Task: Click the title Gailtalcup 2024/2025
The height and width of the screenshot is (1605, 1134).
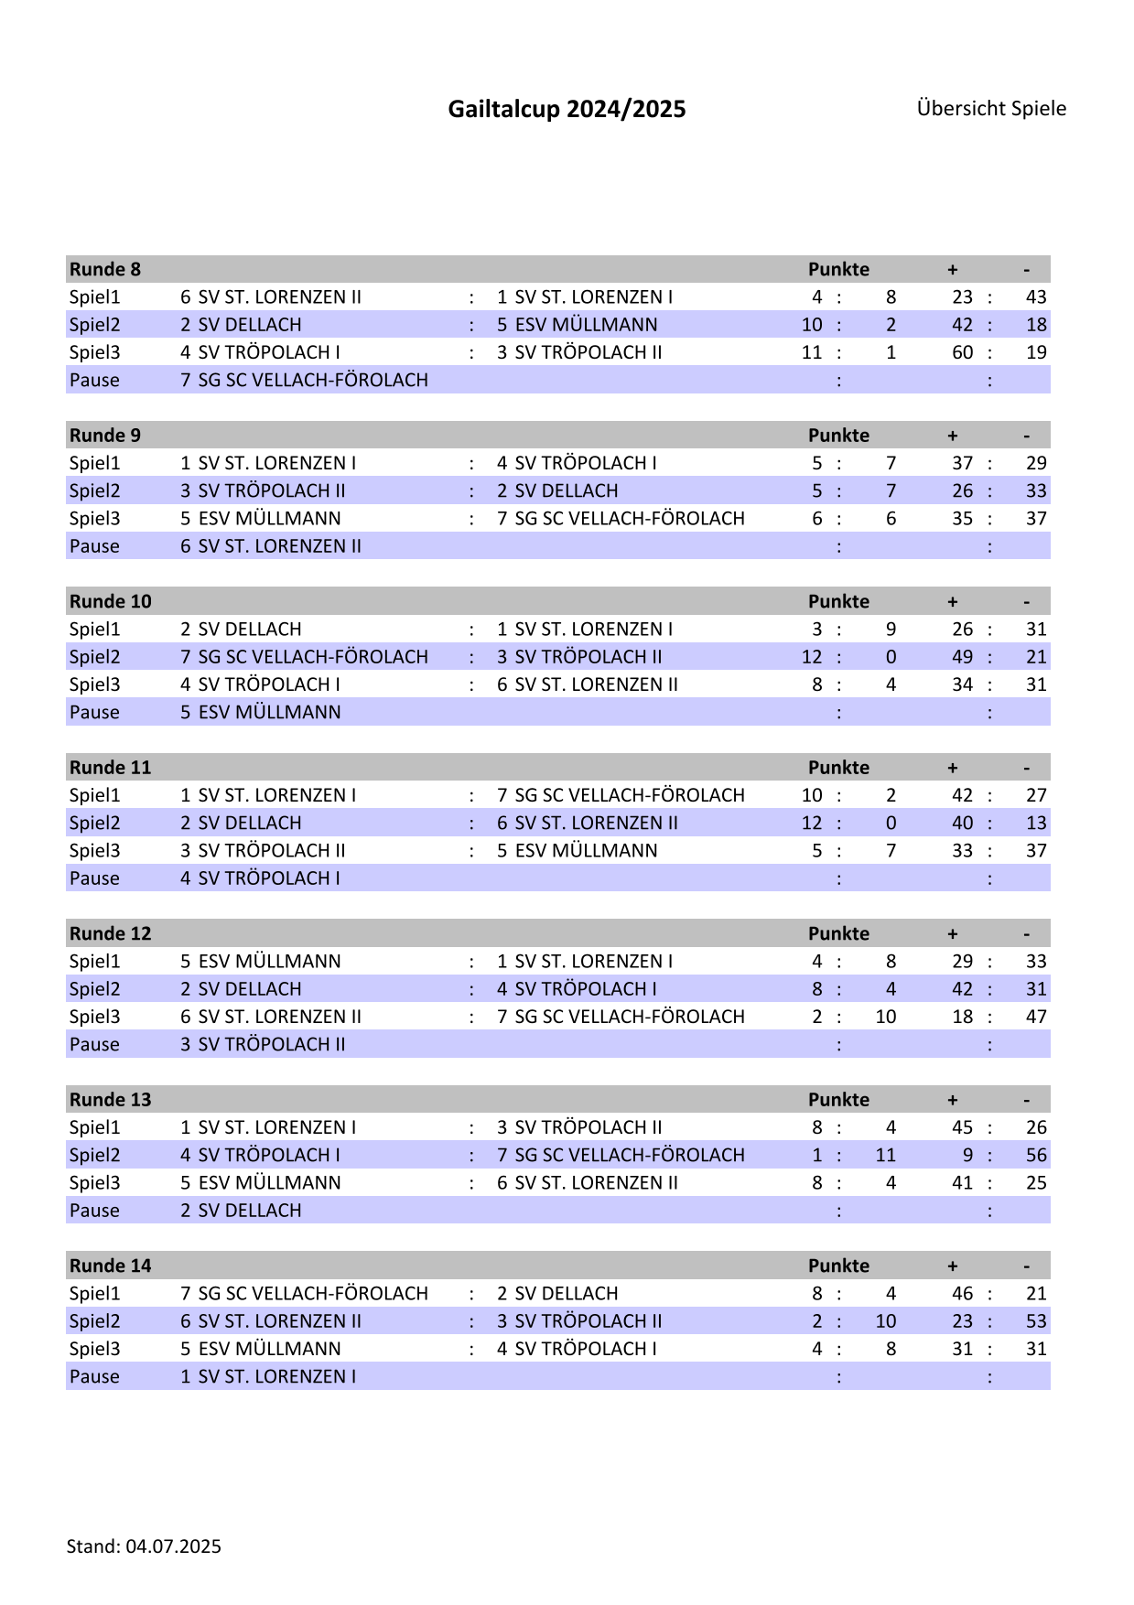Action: point(567,109)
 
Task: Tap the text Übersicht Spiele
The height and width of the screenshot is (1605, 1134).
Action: point(991,108)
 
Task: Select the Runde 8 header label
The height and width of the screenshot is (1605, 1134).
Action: point(105,269)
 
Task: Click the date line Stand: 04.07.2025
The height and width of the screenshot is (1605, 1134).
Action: point(144,1546)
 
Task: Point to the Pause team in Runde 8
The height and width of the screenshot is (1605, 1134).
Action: point(304,380)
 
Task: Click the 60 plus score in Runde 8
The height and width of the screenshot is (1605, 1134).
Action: point(962,352)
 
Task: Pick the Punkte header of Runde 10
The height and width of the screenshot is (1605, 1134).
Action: point(838,601)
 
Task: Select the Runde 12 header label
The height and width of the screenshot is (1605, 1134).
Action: point(110,933)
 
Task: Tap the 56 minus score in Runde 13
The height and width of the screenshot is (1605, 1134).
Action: point(1036,1155)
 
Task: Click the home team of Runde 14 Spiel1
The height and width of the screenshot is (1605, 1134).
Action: point(304,1293)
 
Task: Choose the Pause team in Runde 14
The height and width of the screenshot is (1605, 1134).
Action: point(268,1376)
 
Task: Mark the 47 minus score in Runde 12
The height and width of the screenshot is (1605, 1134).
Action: point(1036,1017)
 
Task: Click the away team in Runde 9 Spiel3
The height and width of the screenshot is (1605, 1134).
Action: point(621,518)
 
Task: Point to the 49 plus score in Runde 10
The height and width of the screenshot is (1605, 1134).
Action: point(962,657)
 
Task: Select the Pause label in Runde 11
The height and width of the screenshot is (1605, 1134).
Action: point(94,878)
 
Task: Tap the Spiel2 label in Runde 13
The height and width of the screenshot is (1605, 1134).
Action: point(94,1155)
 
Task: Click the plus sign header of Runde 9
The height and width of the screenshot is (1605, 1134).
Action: point(953,436)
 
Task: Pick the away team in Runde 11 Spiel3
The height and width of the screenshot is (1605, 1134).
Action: point(577,850)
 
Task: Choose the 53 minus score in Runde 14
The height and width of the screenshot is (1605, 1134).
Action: point(1036,1320)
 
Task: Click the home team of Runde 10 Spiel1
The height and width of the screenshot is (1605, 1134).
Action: point(241,629)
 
